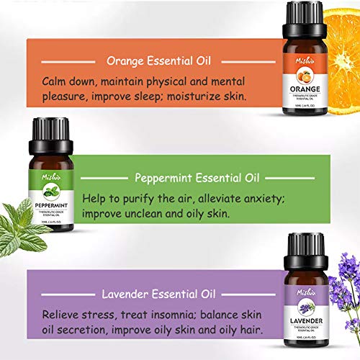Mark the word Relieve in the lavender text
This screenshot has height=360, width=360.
63,314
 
